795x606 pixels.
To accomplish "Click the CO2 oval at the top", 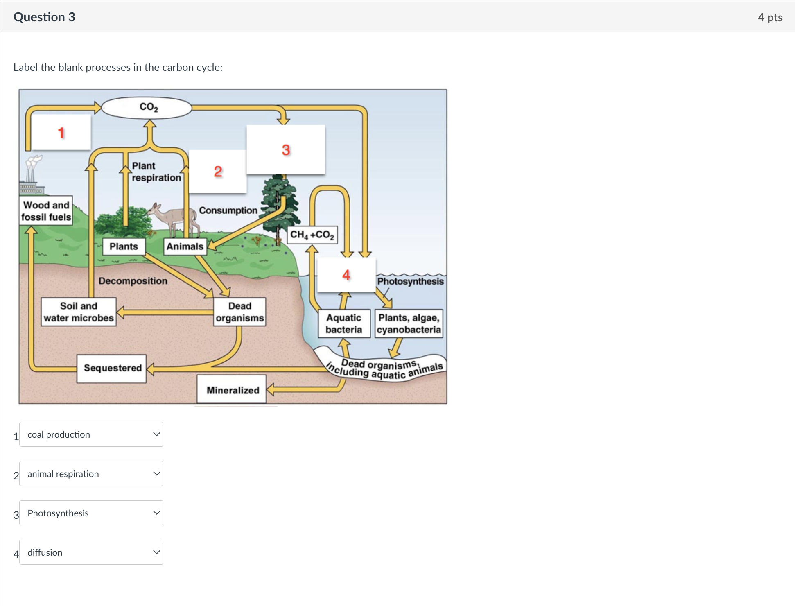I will (147, 108).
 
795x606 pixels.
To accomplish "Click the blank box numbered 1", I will (61, 132).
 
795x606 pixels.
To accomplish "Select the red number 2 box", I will (218, 172).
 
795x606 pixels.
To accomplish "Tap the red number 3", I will (286, 150).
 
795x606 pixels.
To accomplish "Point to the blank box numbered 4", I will (346, 275).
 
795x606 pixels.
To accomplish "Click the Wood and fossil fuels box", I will (46, 211).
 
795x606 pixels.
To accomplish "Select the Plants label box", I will (124, 246).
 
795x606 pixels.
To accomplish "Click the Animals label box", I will (185, 246).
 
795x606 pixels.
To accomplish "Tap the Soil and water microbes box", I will (79, 312).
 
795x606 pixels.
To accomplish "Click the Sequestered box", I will (112, 368).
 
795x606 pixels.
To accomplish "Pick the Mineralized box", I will (232, 390).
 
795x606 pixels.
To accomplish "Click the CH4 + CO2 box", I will (312, 235).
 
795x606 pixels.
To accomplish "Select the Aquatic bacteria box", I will (344, 323).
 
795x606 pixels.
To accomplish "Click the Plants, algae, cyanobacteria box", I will (409, 323).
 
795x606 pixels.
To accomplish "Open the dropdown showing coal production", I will (91, 434).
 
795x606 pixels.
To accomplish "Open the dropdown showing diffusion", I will (91, 552).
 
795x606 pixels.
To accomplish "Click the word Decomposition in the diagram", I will (133, 281).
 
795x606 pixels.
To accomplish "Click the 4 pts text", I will (770, 17).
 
